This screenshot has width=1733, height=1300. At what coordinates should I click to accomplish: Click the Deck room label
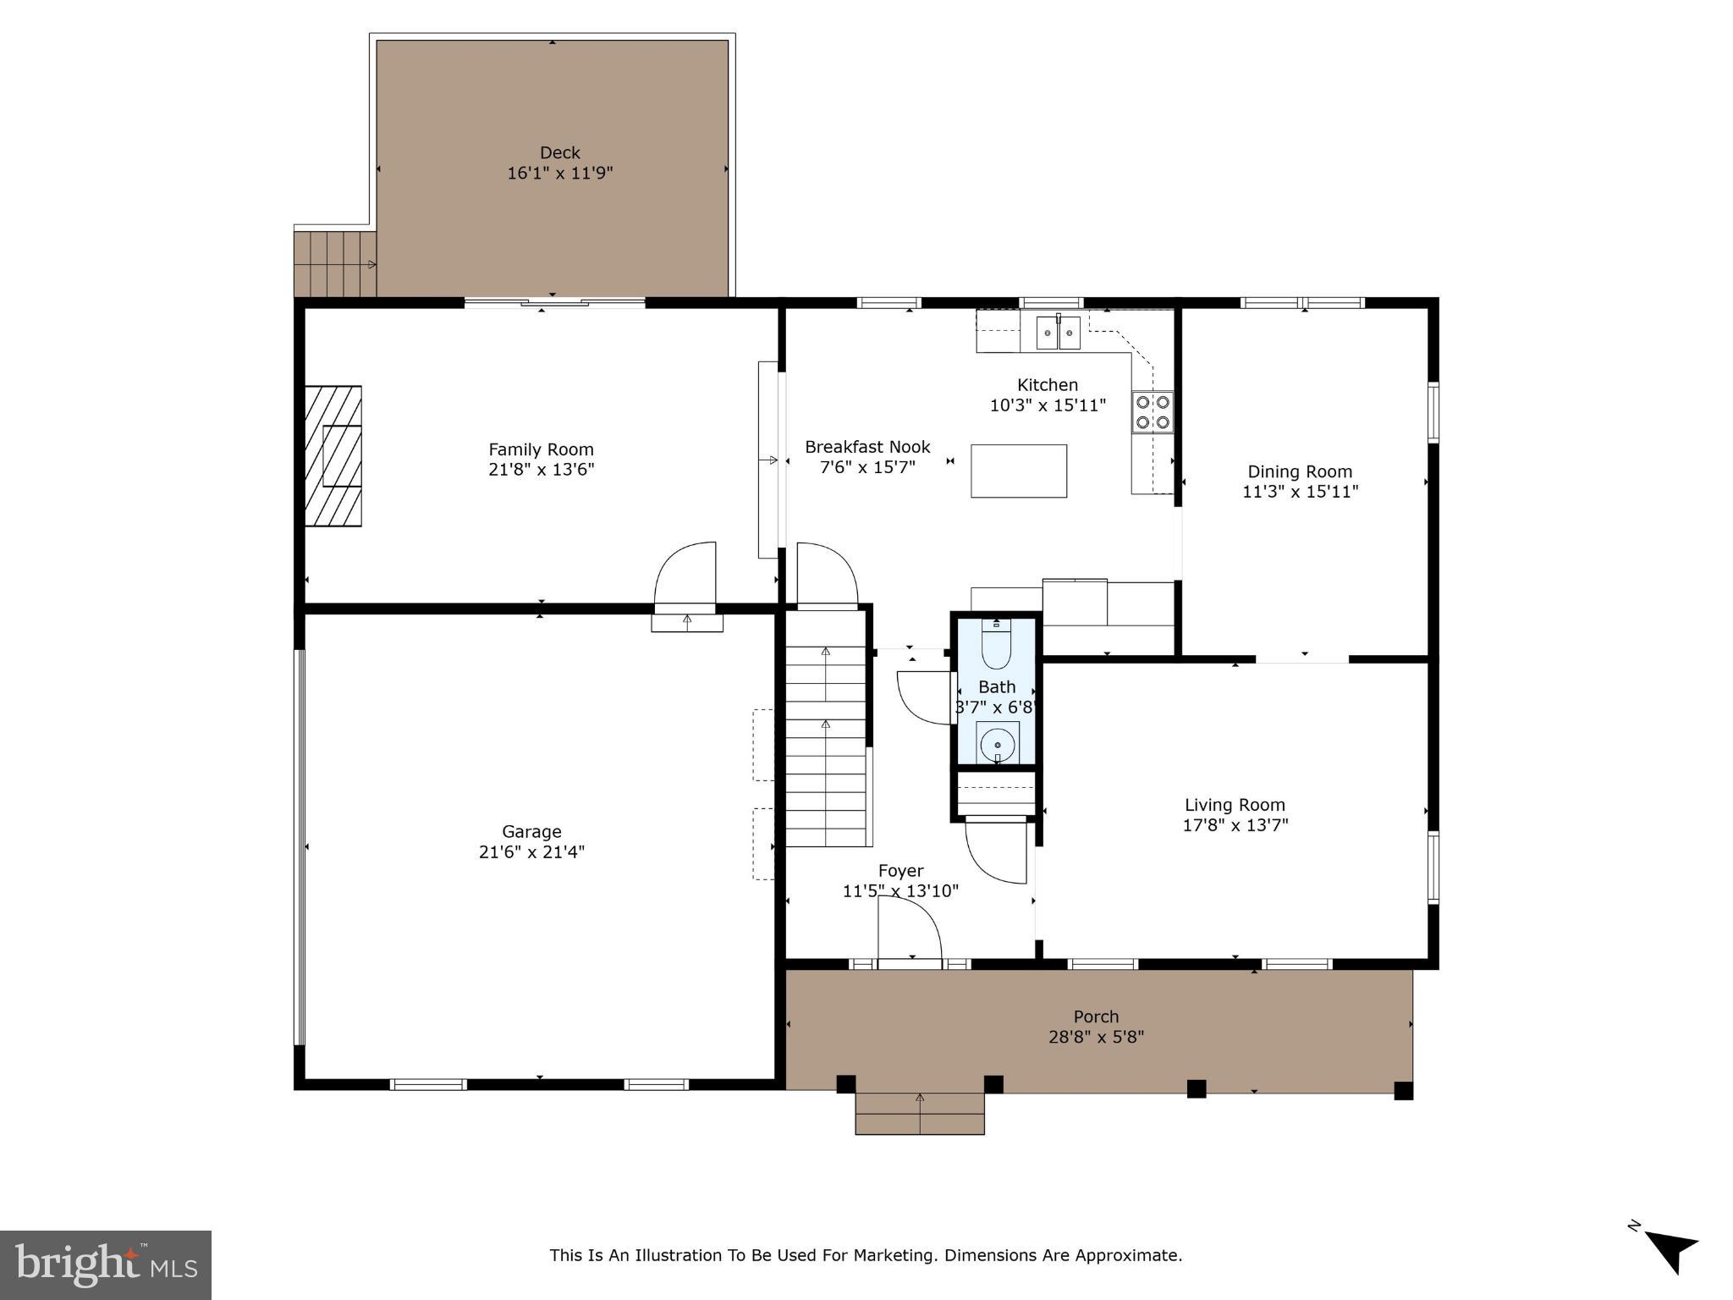coord(559,153)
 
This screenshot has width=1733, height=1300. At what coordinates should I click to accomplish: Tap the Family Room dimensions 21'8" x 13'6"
coord(541,470)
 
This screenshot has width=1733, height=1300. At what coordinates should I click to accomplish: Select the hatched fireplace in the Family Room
coord(333,456)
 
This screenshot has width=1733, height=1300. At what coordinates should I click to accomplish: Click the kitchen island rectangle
coord(1018,471)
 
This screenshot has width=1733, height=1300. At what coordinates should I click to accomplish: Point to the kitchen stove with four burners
coord(1153,412)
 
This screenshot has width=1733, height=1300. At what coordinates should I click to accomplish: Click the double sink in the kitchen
coord(1058,332)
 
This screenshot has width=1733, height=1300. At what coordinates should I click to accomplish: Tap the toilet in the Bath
coord(996,645)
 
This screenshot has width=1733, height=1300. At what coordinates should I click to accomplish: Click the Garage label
coord(531,832)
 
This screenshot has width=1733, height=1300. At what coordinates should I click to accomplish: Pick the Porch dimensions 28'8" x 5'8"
coord(1096,1037)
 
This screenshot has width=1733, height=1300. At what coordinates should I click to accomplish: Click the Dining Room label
coord(1300,472)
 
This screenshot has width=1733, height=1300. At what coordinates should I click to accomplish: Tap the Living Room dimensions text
coord(1235,825)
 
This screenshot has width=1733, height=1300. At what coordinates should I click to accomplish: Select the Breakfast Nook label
coord(867,447)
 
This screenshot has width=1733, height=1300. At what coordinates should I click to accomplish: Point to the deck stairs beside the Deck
coord(335,264)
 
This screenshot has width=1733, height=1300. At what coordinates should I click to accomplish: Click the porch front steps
coord(920,1113)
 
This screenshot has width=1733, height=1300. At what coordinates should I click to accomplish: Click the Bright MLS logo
coord(106,1264)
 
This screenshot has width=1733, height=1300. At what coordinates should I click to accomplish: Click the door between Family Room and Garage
coord(686,576)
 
